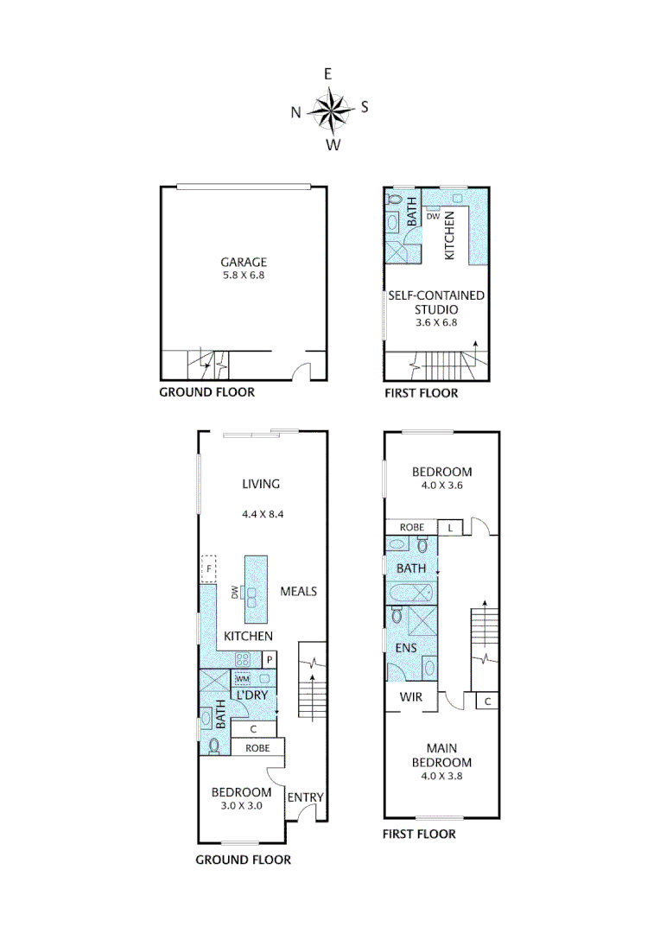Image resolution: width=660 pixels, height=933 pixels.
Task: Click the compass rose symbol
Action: [329, 109]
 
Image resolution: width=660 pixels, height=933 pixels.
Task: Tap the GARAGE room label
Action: [243, 262]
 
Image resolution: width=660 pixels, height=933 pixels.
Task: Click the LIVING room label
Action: [261, 485]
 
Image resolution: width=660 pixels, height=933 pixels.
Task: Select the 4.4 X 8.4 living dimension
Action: [263, 513]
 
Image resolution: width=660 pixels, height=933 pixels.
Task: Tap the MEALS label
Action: [299, 592]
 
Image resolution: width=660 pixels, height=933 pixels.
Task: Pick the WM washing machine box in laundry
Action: [243, 679]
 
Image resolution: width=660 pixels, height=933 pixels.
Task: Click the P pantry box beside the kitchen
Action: [270, 660]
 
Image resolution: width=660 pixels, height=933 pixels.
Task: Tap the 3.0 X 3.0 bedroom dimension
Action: [242, 805]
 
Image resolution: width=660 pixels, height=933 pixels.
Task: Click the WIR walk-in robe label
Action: [410, 697]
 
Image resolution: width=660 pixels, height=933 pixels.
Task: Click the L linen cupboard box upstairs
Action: [450, 527]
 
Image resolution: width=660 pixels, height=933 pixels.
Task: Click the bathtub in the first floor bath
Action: [411, 593]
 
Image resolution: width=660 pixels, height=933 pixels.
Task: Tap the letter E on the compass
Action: [328, 74]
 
